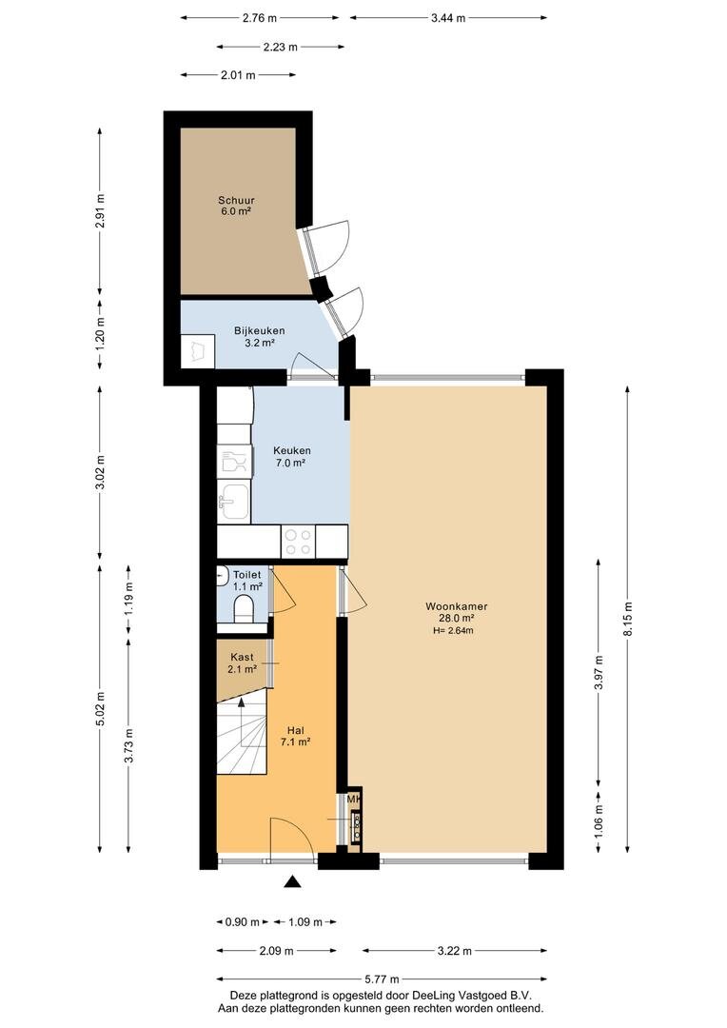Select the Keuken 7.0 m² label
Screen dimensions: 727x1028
[x=292, y=456]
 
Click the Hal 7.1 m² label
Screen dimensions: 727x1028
[x=296, y=736]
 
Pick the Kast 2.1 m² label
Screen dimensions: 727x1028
[x=242, y=662]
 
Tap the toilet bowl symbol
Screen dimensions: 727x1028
[x=244, y=609]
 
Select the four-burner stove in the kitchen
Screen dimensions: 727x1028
[x=298, y=542]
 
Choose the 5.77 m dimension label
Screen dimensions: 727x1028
[x=382, y=979]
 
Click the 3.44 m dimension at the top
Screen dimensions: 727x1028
[x=448, y=18]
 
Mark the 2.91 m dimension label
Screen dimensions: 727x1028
[x=100, y=210]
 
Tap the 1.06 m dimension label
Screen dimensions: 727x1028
[x=599, y=820]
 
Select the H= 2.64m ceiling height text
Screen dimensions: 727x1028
[x=453, y=631]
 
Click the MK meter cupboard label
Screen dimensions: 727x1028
[x=353, y=800]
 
